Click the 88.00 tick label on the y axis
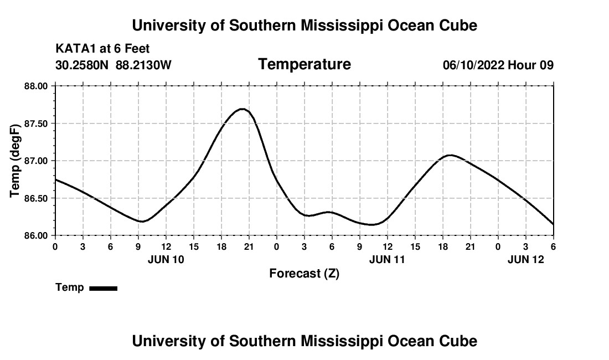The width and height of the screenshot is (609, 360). click(x=36, y=86)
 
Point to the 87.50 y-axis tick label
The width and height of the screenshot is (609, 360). click(x=36, y=124)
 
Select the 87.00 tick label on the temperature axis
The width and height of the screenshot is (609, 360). click(x=36, y=161)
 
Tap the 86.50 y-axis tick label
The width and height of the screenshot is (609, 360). click(x=36, y=198)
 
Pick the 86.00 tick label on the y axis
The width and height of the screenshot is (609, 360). click(x=36, y=235)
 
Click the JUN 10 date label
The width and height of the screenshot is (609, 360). click(x=166, y=259)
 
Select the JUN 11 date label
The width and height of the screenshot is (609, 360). click(x=387, y=259)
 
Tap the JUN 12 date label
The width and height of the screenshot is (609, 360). click(x=526, y=259)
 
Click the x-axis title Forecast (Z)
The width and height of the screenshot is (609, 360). click(x=304, y=274)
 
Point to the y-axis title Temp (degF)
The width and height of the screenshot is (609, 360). click(x=16, y=161)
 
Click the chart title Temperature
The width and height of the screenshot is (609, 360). click(x=304, y=64)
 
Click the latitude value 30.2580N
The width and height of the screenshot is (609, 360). click(x=82, y=65)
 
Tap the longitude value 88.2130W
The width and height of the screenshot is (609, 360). click(x=144, y=65)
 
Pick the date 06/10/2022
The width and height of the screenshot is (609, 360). click(x=473, y=65)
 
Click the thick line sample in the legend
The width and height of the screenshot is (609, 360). click(x=103, y=288)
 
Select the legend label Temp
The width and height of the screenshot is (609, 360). click(x=70, y=287)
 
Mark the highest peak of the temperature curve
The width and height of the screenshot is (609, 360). click(x=242, y=109)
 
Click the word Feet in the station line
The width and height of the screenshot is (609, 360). click(x=137, y=49)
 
